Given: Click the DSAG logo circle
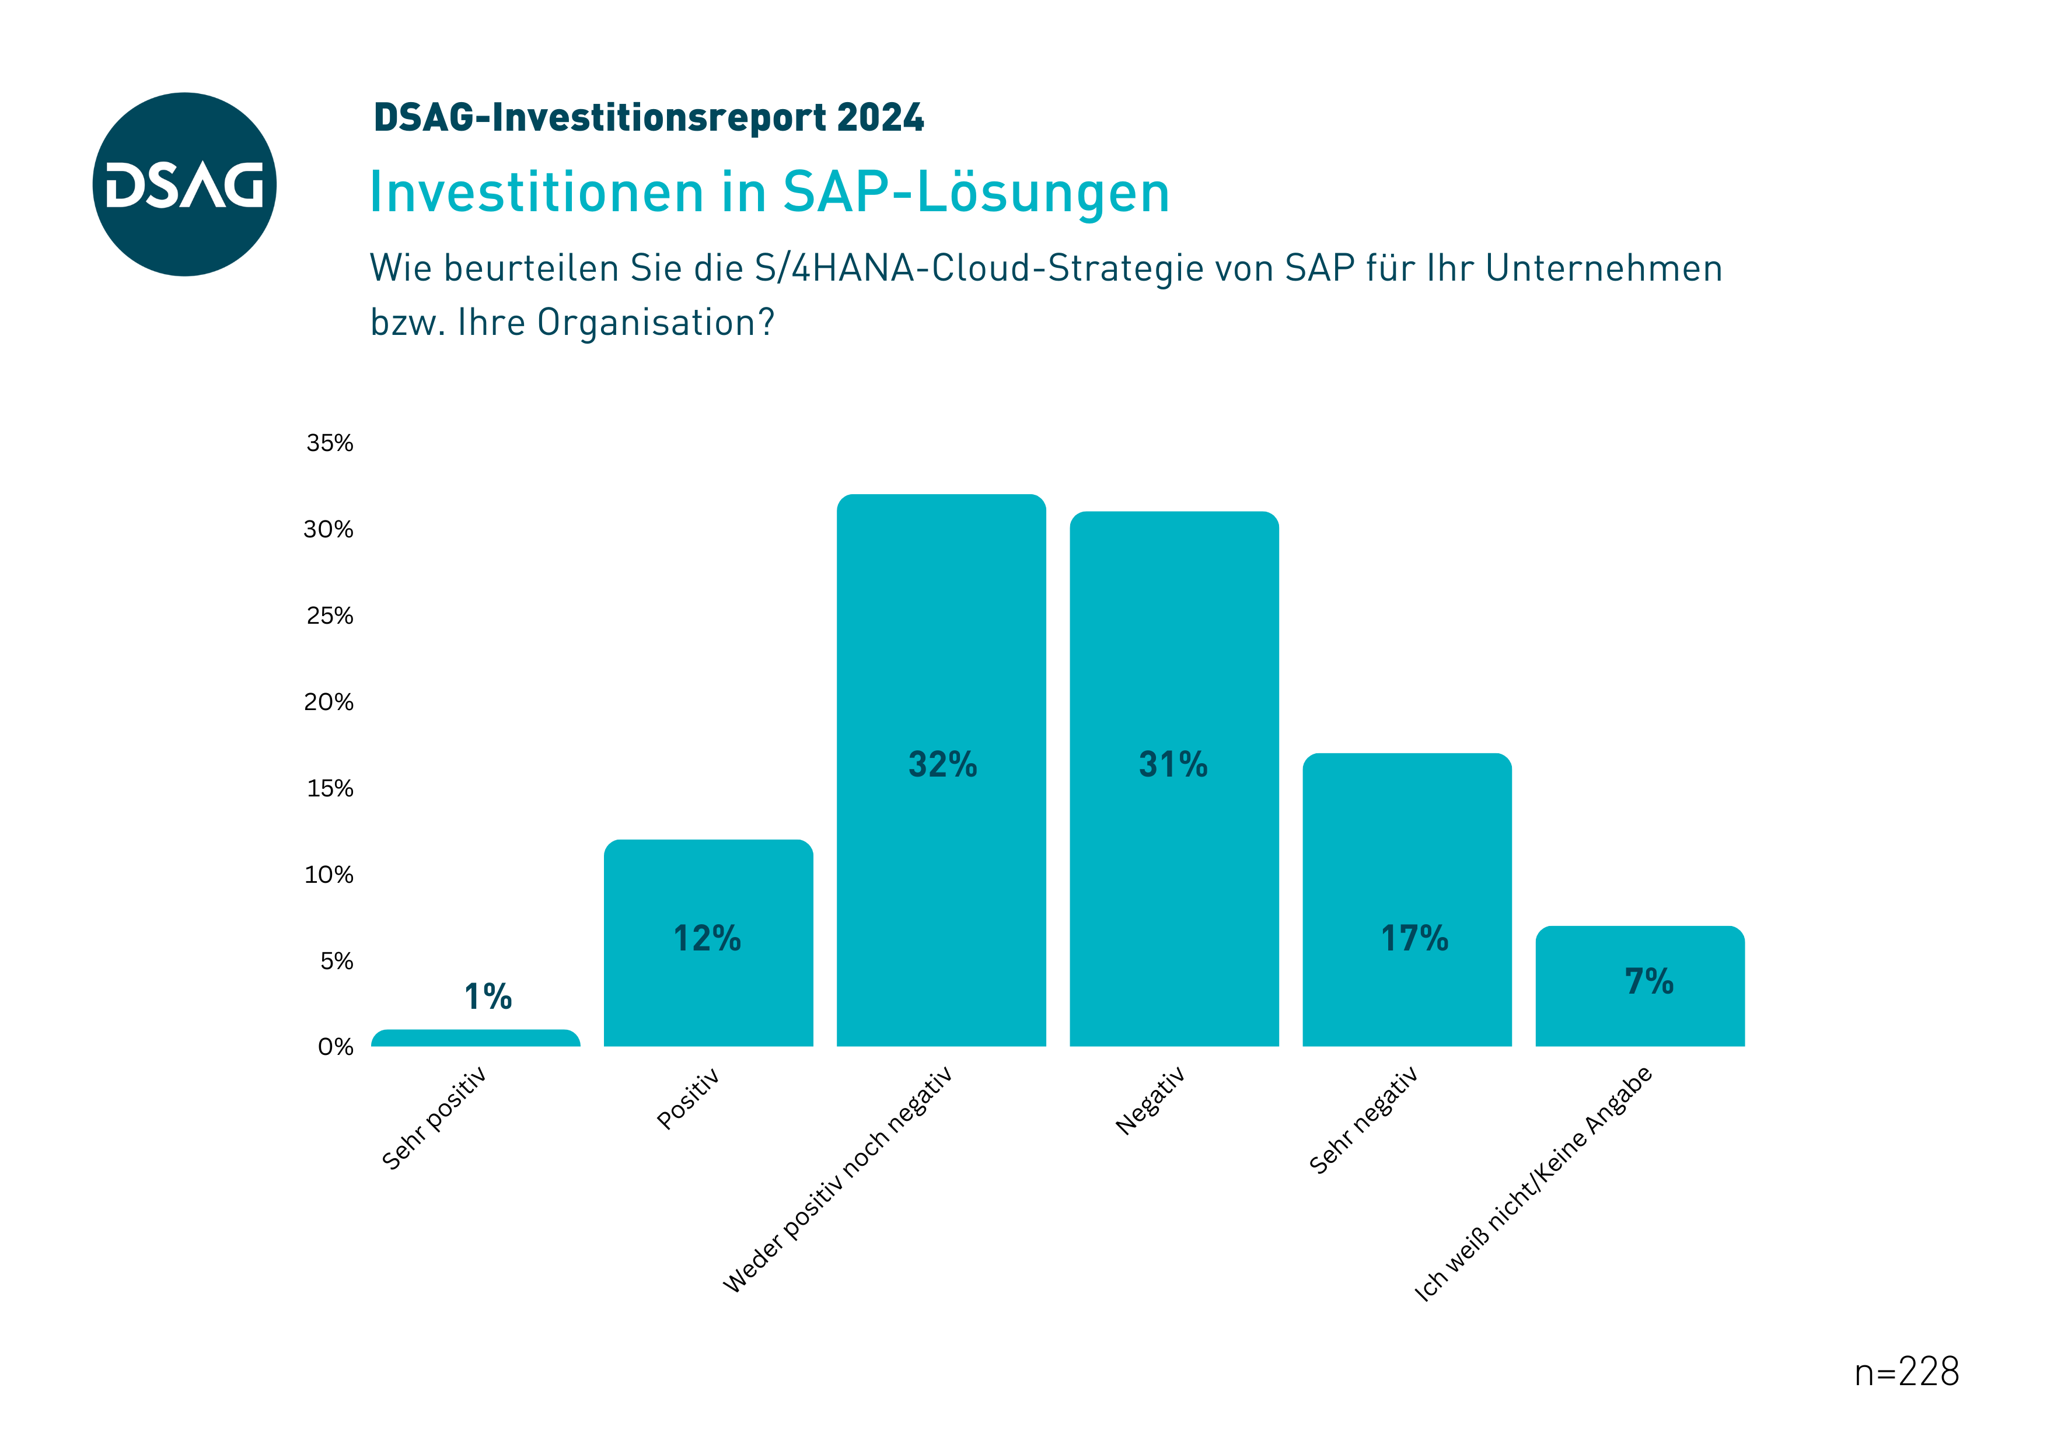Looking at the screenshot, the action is coord(184,184).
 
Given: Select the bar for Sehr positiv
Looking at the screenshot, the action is coord(475,1038).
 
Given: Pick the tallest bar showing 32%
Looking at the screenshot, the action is coord(941,770).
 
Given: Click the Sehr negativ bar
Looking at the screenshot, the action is coord(1407,900).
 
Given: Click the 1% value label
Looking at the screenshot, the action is coord(488,997).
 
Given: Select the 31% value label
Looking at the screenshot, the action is coord(1173,764).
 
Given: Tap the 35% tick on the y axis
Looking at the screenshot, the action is coord(330,443).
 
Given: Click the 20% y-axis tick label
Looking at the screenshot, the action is coord(329,702).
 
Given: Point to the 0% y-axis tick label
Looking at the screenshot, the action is coord(336,1047).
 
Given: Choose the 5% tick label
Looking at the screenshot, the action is coord(337,960).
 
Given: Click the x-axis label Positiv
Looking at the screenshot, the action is coord(687,1099).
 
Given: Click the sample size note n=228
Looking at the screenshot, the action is coord(1906,1372).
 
